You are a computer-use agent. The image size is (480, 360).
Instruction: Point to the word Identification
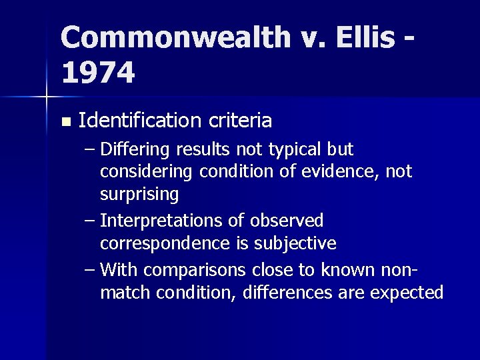click(x=138, y=121)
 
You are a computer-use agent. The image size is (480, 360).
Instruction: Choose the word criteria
click(x=239, y=121)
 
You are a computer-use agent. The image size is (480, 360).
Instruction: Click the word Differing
click(x=136, y=149)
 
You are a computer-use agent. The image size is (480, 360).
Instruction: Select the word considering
click(x=145, y=172)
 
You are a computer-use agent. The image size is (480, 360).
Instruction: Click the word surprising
click(x=139, y=195)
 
